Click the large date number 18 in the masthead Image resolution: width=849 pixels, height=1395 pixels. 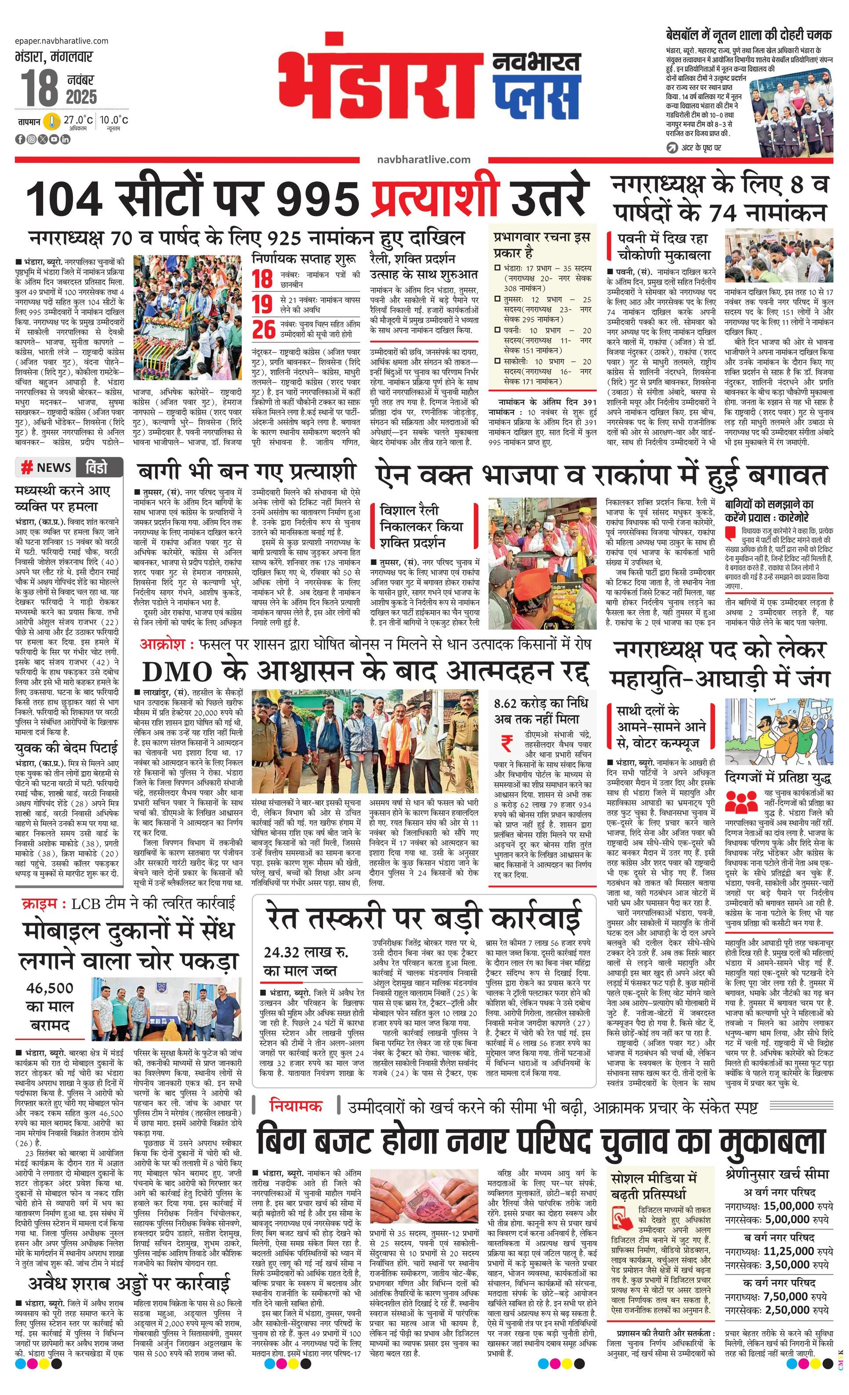click(x=40, y=88)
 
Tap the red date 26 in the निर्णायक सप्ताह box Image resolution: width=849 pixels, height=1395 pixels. click(x=264, y=329)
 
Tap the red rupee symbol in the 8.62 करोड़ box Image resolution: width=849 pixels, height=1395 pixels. click(x=507, y=743)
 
